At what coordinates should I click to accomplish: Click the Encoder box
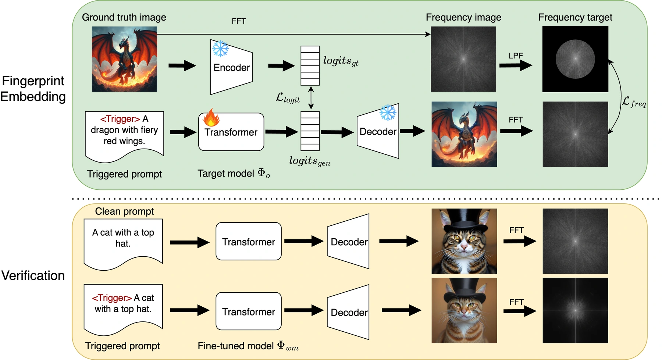click(x=231, y=67)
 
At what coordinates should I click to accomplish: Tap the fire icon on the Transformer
click(x=211, y=118)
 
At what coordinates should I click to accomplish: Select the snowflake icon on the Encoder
click(x=220, y=49)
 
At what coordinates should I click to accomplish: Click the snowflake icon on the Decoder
click(x=388, y=113)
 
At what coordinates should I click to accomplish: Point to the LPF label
click(x=516, y=56)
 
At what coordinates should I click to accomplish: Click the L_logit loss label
click(x=288, y=98)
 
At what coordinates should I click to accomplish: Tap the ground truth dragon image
click(x=124, y=59)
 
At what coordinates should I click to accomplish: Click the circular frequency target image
click(x=575, y=59)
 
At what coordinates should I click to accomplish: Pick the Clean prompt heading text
click(x=124, y=211)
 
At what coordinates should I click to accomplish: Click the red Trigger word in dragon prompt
click(x=120, y=119)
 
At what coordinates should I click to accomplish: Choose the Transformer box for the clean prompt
click(x=249, y=241)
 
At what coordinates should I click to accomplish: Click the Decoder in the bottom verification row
click(x=348, y=312)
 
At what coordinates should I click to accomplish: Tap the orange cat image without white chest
click(x=464, y=310)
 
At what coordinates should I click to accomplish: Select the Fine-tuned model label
click(x=248, y=346)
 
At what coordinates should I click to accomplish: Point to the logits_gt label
click(x=341, y=61)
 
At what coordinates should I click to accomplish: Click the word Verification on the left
click(x=33, y=275)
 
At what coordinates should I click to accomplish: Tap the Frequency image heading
click(x=463, y=17)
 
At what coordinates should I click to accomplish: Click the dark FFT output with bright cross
click(x=575, y=310)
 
